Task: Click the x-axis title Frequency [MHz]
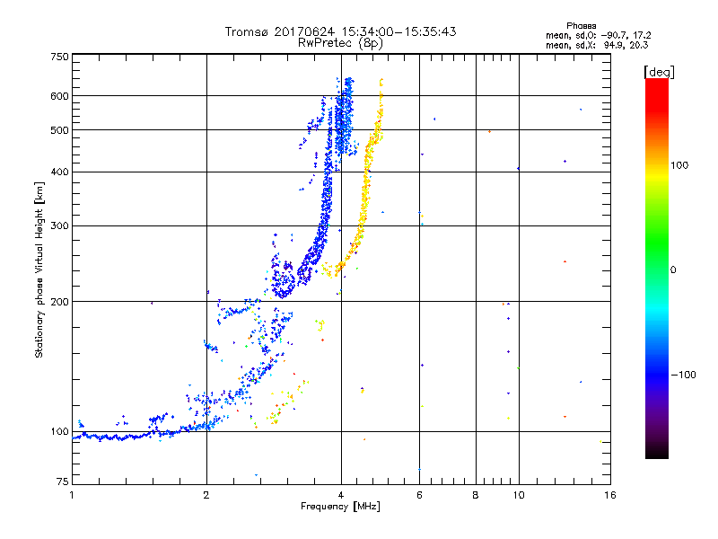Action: pos(340,508)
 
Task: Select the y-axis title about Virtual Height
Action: pos(39,269)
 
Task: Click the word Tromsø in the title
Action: pos(246,31)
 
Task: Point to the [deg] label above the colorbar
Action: pos(659,71)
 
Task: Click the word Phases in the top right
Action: pos(582,25)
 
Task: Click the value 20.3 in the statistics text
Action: pos(638,44)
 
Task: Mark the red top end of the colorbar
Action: pos(657,83)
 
